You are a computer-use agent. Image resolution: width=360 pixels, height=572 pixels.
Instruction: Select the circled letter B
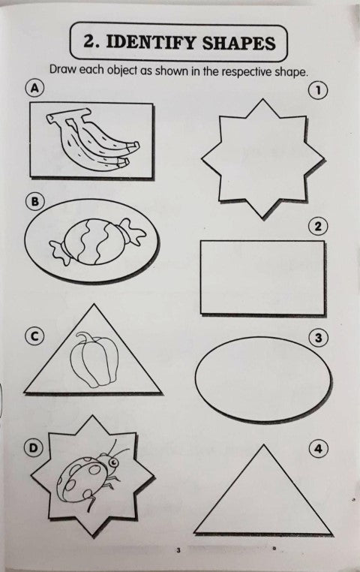tap(34, 201)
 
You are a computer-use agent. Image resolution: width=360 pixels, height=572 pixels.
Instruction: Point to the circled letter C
tap(34, 336)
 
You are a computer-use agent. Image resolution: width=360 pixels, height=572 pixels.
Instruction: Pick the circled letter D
tap(34, 448)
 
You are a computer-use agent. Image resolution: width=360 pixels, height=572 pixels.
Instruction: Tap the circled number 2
tap(319, 227)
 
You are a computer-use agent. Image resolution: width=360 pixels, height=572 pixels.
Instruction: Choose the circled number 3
tap(319, 339)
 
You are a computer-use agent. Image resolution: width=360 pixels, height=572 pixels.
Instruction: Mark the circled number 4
tap(319, 449)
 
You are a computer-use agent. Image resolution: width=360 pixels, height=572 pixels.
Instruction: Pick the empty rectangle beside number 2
tap(262, 277)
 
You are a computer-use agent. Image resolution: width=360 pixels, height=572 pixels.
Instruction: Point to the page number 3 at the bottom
tap(178, 552)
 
